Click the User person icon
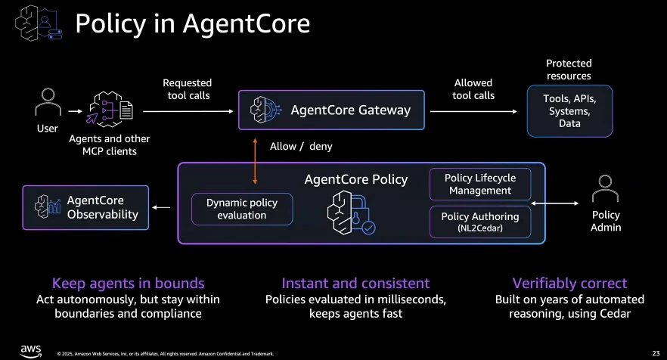pos(48,104)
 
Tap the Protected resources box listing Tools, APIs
pos(569,110)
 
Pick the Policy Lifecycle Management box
pos(480,184)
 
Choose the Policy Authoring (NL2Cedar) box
pos(480,222)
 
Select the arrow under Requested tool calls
pos(187,110)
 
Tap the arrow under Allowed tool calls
pos(473,110)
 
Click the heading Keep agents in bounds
pos(128,284)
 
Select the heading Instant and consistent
pos(355,284)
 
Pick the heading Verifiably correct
pos(569,284)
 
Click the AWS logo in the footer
pos(30,349)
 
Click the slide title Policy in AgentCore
pos(192,24)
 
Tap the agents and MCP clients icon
pos(110,110)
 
